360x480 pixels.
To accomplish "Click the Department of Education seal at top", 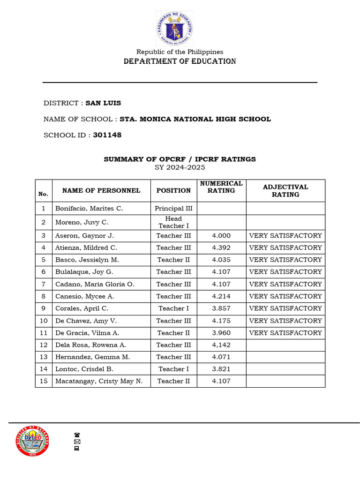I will coord(174,29).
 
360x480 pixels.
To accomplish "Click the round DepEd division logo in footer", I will coord(32,442).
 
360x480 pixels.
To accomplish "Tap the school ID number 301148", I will coord(107,135).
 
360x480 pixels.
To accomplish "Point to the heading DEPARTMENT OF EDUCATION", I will coord(180,61).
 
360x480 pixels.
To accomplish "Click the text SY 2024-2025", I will coord(180,167).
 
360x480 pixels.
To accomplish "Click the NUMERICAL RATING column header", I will coord(221,187).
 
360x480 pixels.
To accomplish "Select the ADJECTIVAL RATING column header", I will coord(285,190).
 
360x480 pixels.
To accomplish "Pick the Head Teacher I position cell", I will coord(173,222).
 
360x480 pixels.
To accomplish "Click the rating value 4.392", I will coord(221,247).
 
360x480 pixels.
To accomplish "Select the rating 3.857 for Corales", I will coord(221,308).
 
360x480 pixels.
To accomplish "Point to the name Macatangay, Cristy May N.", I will coord(99,381).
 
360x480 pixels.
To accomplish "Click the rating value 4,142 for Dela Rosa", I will coord(221,345).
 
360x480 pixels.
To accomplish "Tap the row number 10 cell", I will coord(44,321).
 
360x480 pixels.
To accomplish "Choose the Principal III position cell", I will coord(173,208).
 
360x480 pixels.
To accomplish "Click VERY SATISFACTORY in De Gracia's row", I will coord(285,333).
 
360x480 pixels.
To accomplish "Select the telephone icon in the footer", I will coord(77,435).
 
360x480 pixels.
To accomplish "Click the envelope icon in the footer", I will coord(77,442).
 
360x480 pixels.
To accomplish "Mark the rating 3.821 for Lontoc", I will coord(221,369).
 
